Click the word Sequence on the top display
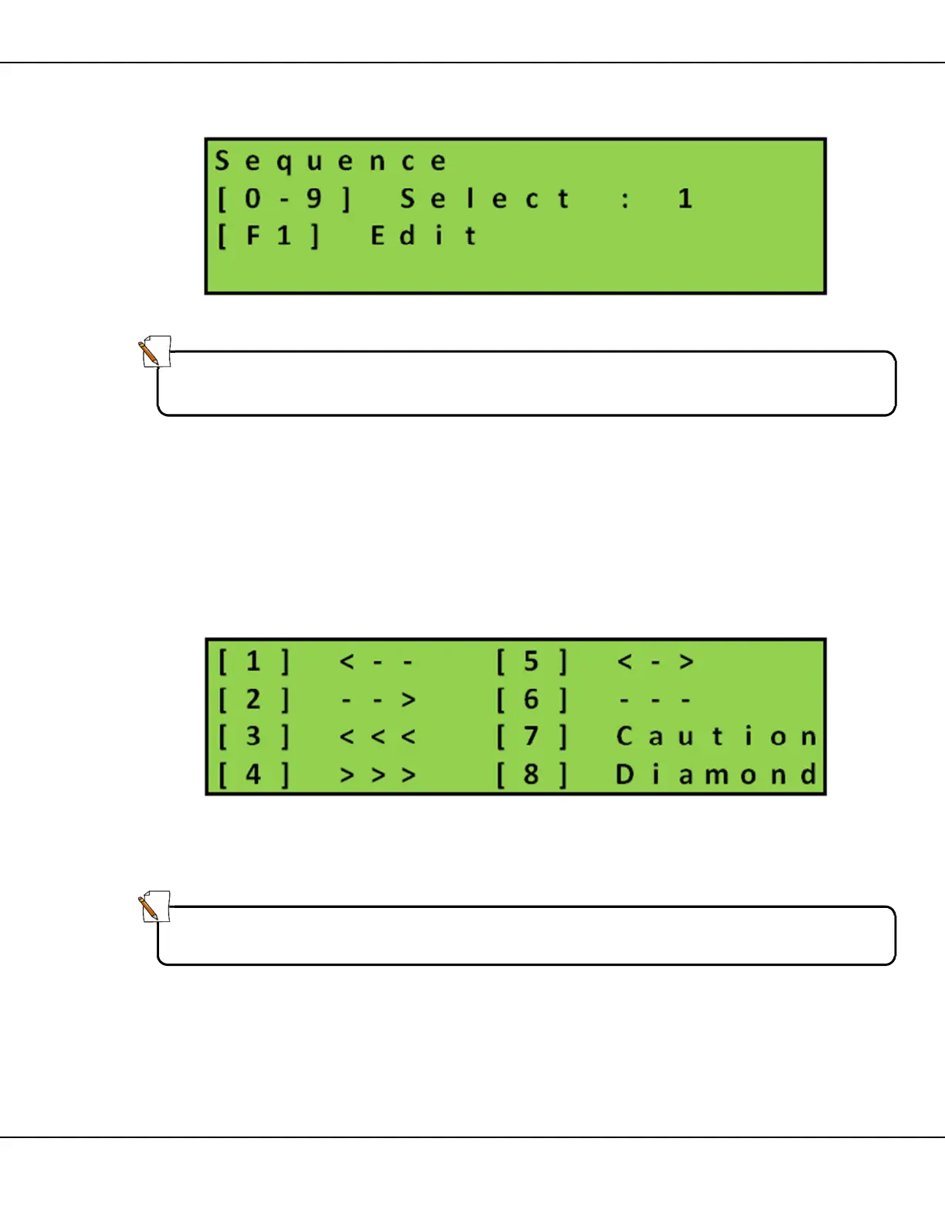pyautogui.click(x=330, y=161)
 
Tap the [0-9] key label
pyautogui.click(x=283, y=199)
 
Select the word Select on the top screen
pyautogui.click(x=485, y=199)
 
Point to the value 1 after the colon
pyautogui.click(x=685, y=199)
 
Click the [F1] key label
pyautogui.click(x=268, y=235)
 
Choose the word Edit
pyautogui.click(x=423, y=235)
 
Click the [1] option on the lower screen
pyautogui.click(x=253, y=662)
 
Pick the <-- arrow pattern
pyautogui.click(x=377, y=662)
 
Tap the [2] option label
pyautogui.click(x=253, y=700)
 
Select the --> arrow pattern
pyautogui.click(x=377, y=700)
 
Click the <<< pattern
pyautogui.click(x=377, y=737)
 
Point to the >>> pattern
pyautogui.click(x=377, y=774)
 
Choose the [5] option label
pyautogui.click(x=531, y=662)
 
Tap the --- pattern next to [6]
pyautogui.click(x=655, y=700)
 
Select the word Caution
pyautogui.click(x=716, y=737)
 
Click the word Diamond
pyautogui.click(x=716, y=774)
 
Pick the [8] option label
pyautogui.click(x=531, y=774)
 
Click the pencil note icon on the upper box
pyautogui.click(x=154, y=352)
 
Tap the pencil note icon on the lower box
pyautogui.click(x=154, y=906)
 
